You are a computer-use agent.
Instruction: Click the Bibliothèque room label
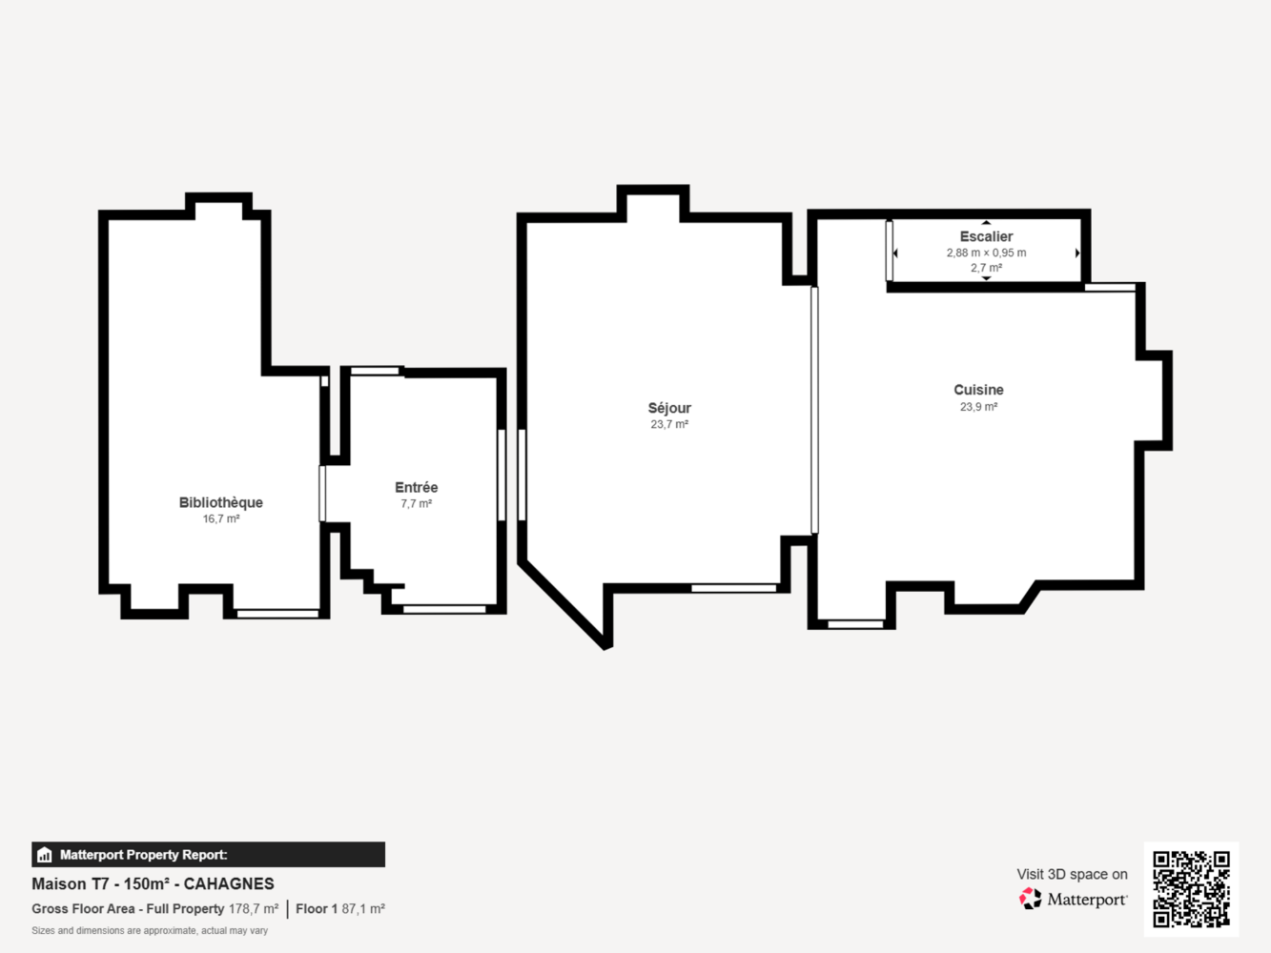point(220,502)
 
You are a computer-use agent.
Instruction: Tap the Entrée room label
point(416,487)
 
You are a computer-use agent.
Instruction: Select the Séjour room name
point(669,408)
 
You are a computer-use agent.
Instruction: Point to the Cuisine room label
point(978,390)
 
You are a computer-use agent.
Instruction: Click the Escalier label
point(986,236)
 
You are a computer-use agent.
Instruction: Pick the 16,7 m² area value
point(220,519)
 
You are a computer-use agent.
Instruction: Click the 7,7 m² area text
point(416,504)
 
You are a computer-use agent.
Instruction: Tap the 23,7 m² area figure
point(669,424)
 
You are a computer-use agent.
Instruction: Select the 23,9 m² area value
point(978,407)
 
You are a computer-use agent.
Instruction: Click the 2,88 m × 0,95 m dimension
point(986,253)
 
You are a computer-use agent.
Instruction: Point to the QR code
point(1191,889)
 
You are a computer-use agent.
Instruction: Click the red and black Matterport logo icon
point(1030,899)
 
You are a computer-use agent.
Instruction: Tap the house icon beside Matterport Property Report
point(45,855)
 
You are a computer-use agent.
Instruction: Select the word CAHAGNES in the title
point(229,883)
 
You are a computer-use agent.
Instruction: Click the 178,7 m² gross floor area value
point(254,908)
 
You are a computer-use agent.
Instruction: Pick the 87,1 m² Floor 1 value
point(363,908)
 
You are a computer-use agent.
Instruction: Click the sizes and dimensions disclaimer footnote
point(150,930)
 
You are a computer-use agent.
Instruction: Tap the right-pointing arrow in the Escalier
point(1077,253)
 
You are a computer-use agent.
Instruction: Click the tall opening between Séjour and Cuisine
point(814,410)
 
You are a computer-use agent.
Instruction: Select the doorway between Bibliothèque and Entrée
point(322,494)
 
